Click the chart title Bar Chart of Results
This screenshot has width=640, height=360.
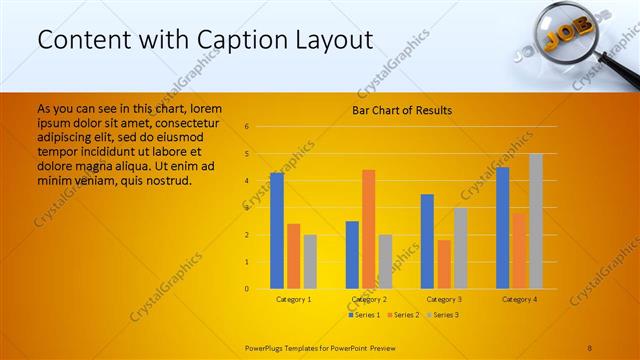click(x=402, y=110)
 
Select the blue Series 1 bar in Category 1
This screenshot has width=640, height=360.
click(x=277, y=231)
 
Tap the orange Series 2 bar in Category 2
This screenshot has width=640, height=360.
click(x=369, y=229)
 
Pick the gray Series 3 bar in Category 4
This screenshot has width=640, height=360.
click(x=536, y=221)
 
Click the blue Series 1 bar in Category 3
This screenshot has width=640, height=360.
click(x=427, y=241)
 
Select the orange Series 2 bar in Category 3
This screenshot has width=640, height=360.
click(x=444, y=264)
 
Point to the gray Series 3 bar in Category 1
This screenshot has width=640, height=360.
click(x=310, y=262)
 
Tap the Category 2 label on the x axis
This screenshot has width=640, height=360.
click(x=369, y=299)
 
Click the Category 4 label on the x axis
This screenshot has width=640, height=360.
click(x=519, y=299)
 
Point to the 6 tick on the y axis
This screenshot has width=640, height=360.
click(x=247, y=127)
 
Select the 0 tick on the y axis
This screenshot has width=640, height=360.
click(x=247, y=289)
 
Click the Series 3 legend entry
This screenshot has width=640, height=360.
click(x=444, y=315)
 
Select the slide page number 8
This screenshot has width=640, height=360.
click(x=590, y=347)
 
